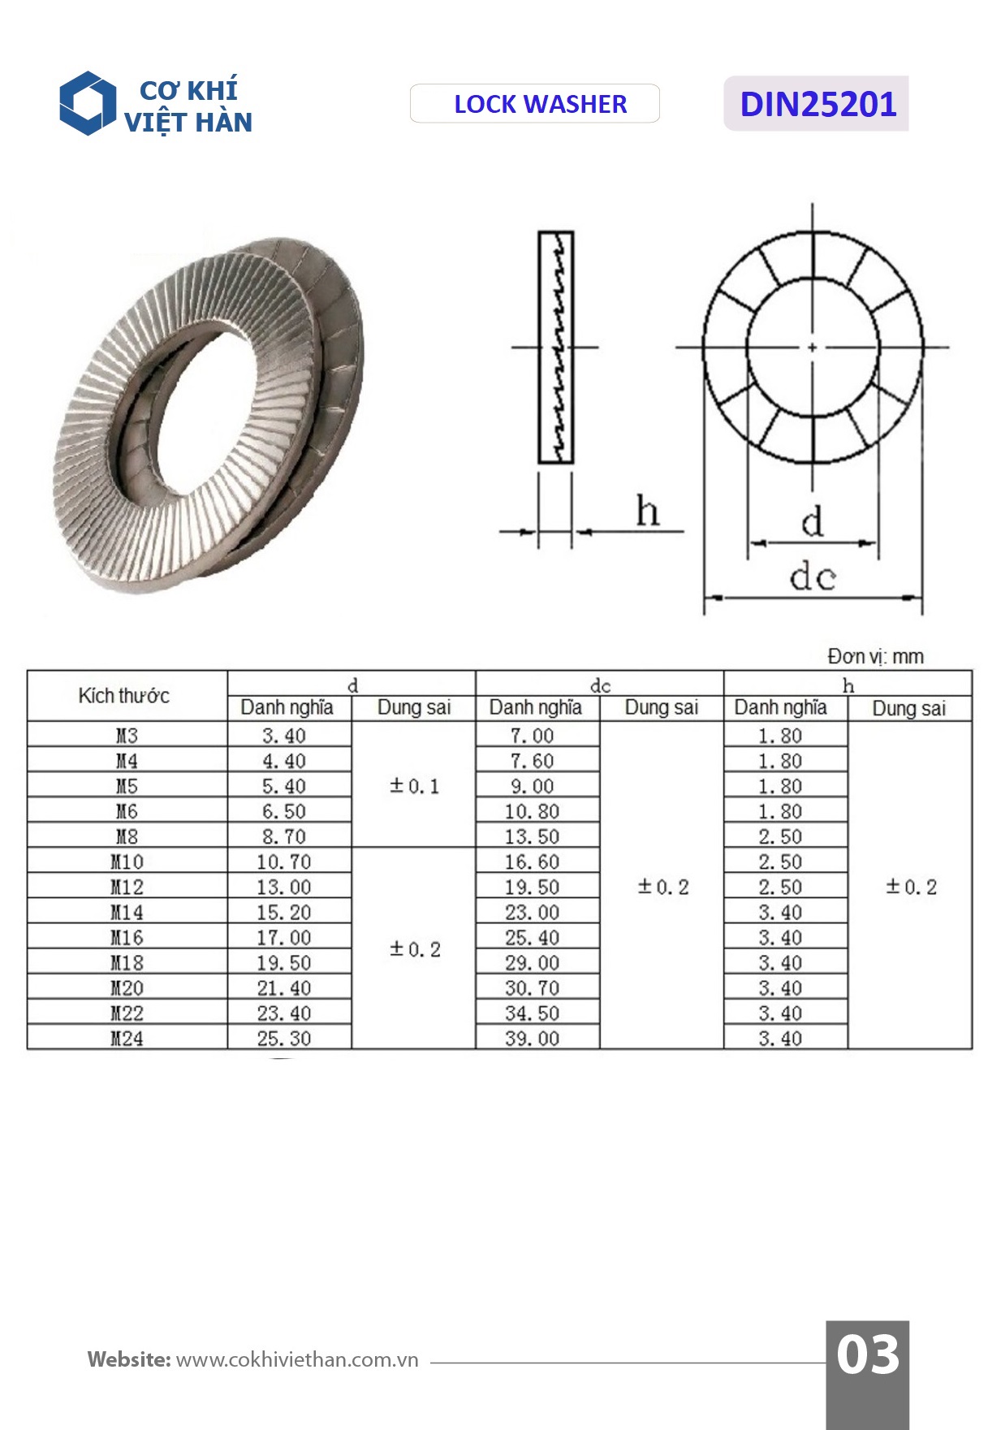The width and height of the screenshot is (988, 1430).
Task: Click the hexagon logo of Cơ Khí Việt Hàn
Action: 87,104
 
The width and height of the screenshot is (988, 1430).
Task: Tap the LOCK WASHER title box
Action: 535,104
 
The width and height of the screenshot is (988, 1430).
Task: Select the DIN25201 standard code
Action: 817,104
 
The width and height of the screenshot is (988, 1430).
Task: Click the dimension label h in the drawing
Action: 647,512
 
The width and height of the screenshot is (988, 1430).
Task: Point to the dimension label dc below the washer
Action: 812,577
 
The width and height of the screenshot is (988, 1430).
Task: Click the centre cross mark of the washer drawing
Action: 813,348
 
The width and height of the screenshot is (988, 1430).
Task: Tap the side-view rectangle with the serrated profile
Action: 556,348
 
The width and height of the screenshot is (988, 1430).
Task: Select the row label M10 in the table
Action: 127,862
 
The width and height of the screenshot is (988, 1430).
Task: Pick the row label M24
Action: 127,1038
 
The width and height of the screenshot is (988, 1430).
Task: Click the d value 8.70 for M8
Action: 284,836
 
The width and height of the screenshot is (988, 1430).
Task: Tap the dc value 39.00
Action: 532,1038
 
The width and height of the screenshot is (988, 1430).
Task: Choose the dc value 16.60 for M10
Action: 532,862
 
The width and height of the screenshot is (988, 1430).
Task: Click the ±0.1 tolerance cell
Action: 414,786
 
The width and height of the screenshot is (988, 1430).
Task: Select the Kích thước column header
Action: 124,696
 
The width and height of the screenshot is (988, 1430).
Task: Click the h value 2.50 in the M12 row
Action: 780,887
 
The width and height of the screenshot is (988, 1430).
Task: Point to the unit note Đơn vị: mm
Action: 875,656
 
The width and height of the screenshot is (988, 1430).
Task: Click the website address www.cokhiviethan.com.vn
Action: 297,1359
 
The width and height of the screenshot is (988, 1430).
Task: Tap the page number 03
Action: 867,1354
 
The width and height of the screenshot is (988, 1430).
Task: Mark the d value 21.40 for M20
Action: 284,987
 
